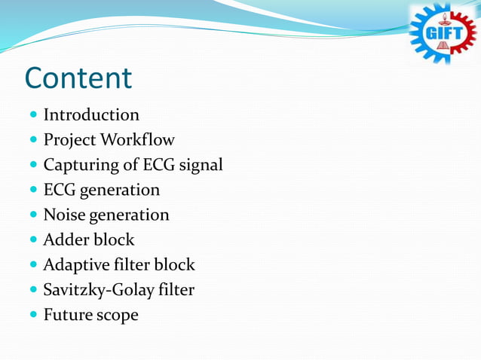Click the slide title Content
78,78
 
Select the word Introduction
91,115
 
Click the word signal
199,165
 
